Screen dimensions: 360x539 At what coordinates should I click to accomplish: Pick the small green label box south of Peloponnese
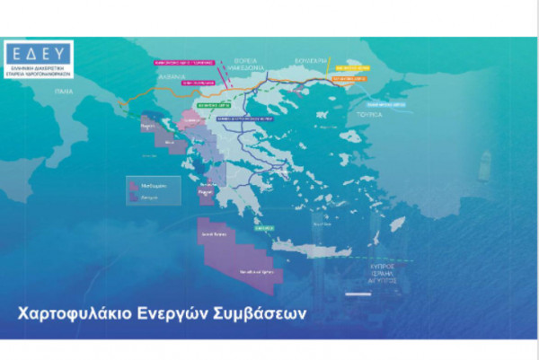[264, 228]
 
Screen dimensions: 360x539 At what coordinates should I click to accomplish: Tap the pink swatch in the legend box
[131, 180]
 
